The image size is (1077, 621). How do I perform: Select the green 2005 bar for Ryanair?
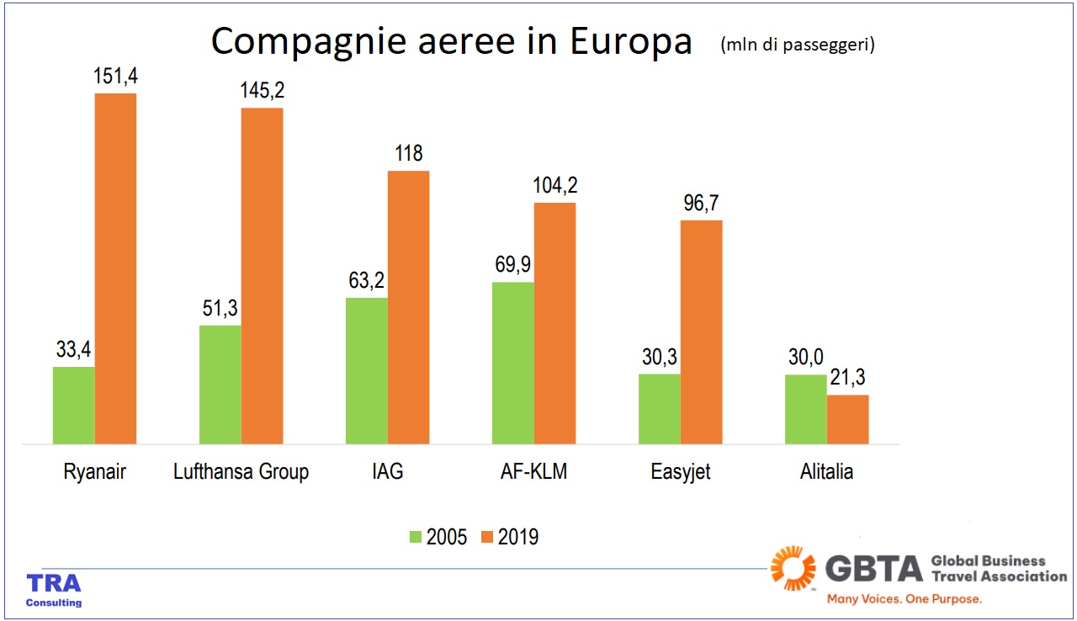(x=74, y=405)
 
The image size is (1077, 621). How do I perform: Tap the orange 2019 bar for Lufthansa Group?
(x=262, y=275)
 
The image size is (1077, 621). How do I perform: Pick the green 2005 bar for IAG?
(x=367, y=370)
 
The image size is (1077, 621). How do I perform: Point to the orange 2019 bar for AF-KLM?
(x=555, y=323)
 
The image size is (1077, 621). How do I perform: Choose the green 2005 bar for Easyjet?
(x=660, y=408)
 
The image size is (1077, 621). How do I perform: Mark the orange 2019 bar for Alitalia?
(x=847, y=419)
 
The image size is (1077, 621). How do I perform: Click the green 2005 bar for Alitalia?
(x=806, y=409)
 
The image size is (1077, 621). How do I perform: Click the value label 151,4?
(x=115, y=77)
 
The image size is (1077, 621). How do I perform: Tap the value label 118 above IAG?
(x=408, y=155)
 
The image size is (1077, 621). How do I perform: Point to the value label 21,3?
(x=847, y=379)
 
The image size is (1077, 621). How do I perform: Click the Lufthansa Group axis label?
(x=241, y=472)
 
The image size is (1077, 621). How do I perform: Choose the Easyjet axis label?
(x=681, y=472)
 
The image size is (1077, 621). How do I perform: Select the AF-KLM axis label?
(x=533, y=472)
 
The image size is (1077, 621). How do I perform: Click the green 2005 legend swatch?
(x=416, y=537)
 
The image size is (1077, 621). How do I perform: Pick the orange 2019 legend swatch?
(x=487, y=537)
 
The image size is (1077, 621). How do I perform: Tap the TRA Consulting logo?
(x=54, y=590)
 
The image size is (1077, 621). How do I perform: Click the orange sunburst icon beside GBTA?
(x=793, y=569)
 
